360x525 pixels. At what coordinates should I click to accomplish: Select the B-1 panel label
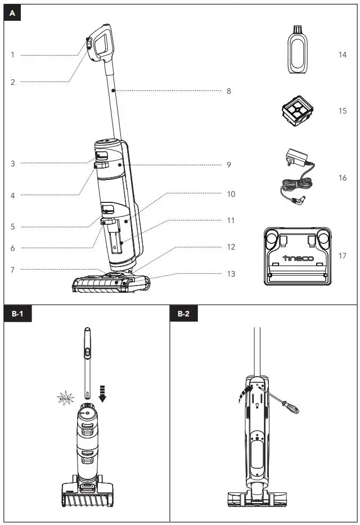coord(17,314)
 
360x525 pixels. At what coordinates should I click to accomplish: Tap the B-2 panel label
coord(183,314)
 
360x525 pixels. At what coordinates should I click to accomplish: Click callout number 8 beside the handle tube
coord(229,91)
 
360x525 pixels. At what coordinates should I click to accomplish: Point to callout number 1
coord(12,55)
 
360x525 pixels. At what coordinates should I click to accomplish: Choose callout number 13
coord(231,274)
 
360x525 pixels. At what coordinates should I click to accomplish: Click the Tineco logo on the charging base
coord(298,259)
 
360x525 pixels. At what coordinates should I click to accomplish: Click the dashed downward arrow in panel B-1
coord(102,393)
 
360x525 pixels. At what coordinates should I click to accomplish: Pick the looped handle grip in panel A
coord(101,43)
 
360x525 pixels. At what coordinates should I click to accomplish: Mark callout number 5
coord(12,227)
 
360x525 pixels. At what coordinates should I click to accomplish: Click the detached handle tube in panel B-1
coord(88,360)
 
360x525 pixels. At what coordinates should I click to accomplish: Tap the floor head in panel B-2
coord(256,497)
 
